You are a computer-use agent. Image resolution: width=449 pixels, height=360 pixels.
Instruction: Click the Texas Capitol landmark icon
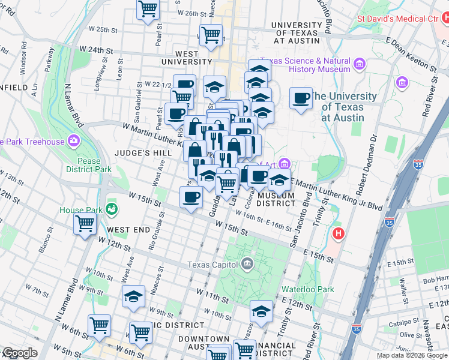tap(247, 265)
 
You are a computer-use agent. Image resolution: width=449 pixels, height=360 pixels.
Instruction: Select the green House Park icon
tap(111, 209)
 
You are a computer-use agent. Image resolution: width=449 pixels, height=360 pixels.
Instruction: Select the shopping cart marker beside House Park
tap(85, 223)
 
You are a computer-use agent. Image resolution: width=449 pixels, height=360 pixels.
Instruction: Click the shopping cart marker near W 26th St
tap(148, 10)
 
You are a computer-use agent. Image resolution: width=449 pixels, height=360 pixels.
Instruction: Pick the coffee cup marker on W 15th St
tap(191, 197)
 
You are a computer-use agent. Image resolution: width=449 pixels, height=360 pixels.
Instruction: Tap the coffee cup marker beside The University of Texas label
tap(301, 98)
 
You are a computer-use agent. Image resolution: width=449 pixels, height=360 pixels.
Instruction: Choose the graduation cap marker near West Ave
tap(133, 295)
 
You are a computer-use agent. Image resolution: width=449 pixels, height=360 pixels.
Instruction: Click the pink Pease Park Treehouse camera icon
tap(73, 142)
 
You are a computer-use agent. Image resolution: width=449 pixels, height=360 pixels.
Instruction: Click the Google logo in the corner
tap(19, 353)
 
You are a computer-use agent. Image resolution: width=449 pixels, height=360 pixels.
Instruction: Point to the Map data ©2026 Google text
tap(411, 355)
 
